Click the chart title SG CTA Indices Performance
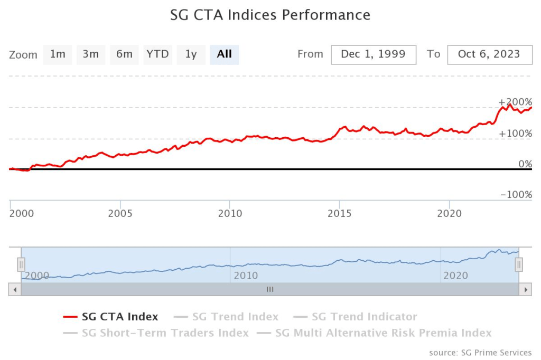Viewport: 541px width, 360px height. point(270,15)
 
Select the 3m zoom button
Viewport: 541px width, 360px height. point(91,54)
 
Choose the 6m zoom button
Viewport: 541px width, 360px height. point(124,54)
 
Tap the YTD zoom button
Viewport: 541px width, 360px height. point(157,54)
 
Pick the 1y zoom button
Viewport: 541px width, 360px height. point(191,54)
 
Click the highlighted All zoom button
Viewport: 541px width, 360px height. point(224,54)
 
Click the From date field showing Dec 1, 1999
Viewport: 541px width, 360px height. point(373,54)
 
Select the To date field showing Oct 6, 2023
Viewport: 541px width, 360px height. point(489,54)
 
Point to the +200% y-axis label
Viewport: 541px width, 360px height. point(515,102)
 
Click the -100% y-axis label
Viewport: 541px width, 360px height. point(516,195)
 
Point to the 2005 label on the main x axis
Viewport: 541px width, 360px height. point(120,214)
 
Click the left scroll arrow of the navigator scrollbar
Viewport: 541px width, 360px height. point(15,290)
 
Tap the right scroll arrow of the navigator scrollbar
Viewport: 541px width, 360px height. point(525,290)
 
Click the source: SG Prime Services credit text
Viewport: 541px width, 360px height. point(480,353)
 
